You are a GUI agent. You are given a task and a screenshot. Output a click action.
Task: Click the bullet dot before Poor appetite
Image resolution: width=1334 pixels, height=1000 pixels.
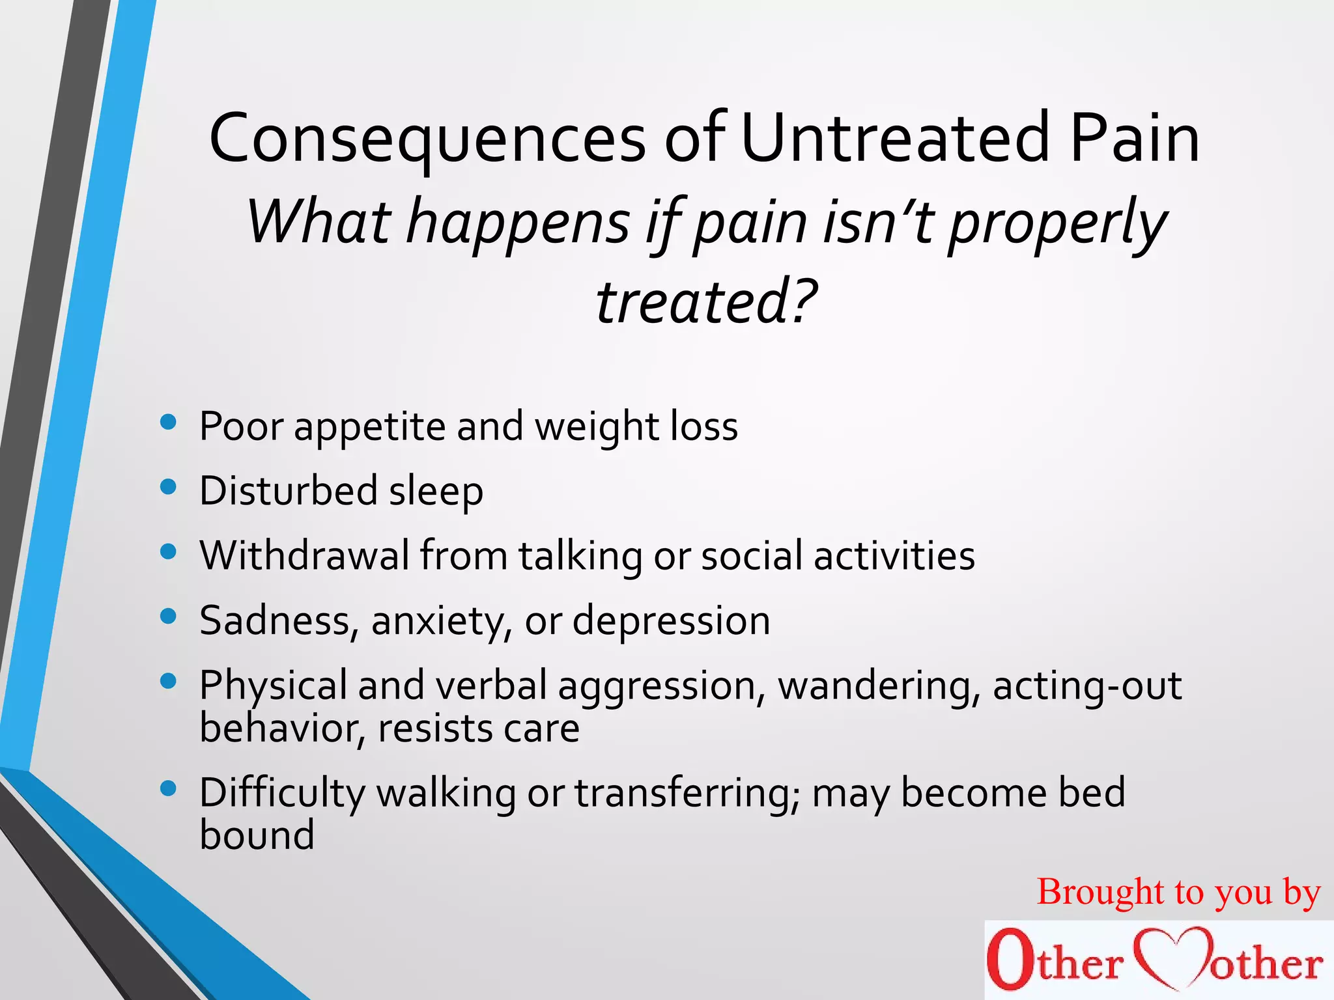(x=168, y=423)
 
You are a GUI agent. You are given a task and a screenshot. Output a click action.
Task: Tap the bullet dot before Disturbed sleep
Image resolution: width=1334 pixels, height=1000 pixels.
(x=168, y=488)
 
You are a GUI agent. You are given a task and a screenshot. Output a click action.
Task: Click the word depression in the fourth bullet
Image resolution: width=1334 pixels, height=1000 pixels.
(x=671, y=620)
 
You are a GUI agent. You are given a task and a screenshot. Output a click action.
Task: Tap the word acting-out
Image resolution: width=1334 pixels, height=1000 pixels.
(x=1086, y=686)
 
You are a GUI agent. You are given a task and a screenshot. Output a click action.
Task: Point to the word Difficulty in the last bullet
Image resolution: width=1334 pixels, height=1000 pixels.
(x=283, y=793)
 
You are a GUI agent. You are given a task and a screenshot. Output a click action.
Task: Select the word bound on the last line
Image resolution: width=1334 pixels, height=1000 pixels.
(x=257, y=835)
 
